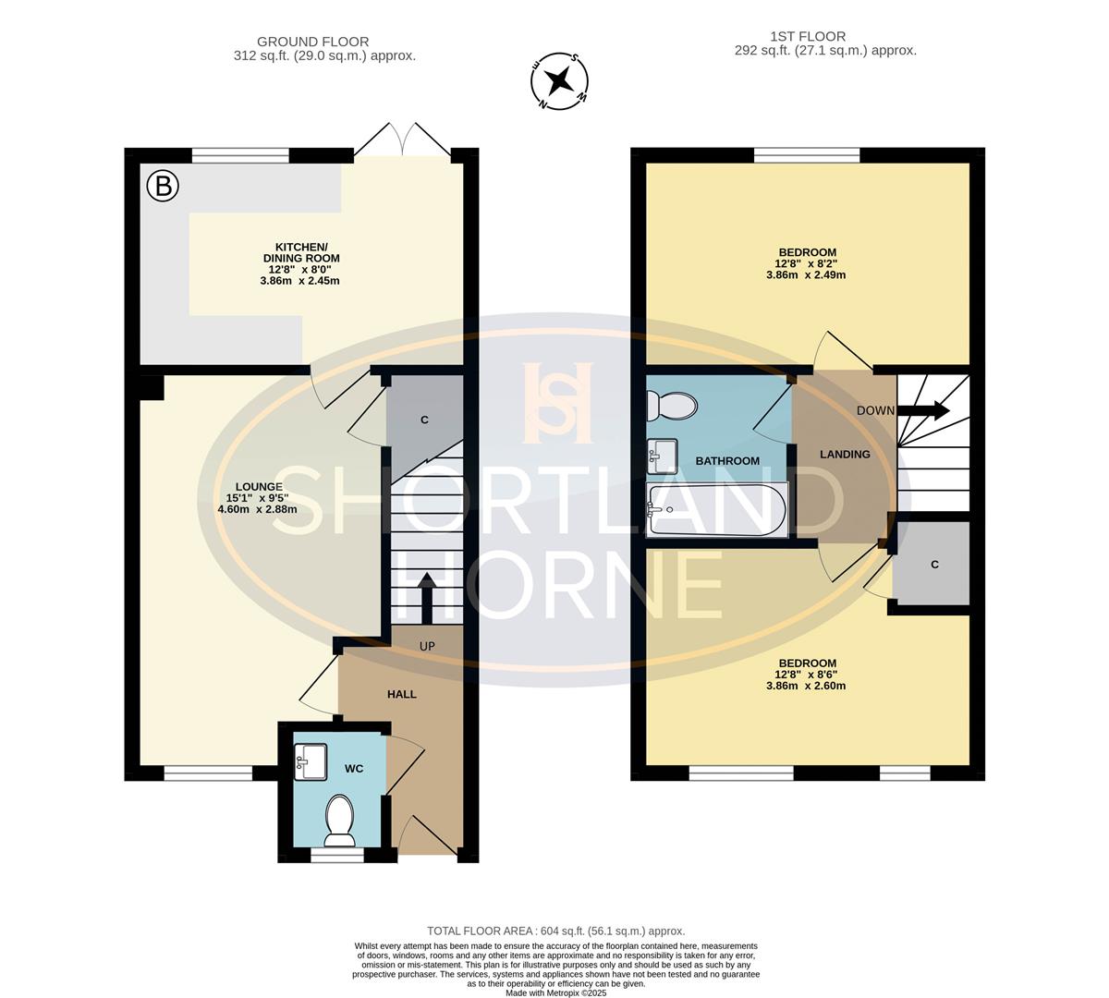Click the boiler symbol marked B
[x=164, y=187]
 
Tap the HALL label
[x=401, y=694]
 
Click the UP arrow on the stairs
[x=427, y=599]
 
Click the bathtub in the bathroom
[x=717, y=508]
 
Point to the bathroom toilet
[x=672, y=405]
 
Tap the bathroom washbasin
[x=662, y=452]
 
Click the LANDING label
[x=845, y=455]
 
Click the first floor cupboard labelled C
[x=934, y=565]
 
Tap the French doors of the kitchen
[x=403, y=140]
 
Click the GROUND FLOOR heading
[x=312, y=42]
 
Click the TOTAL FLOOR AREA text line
[x=555, y=931]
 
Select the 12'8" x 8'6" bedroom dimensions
[x=806, y=686]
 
